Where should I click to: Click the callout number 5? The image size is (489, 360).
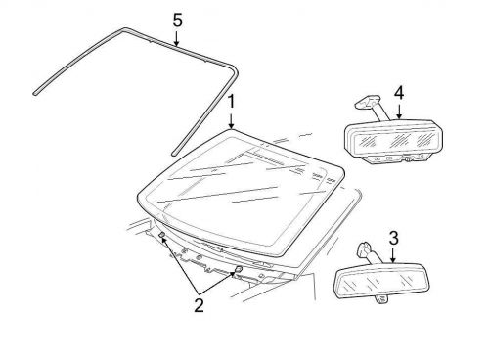click(177, 20)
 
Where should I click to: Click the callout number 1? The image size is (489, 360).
click(232, 102)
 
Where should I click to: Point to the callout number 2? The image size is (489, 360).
click(199, 305)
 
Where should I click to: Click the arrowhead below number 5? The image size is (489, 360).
click(177, 45)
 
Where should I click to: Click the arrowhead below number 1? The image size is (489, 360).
click(232, 128)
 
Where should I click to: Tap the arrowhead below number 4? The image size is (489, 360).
click(399, 118)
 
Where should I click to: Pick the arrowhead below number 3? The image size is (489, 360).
click(392, 264)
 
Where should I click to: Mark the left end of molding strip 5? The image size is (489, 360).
click(35, 90)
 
